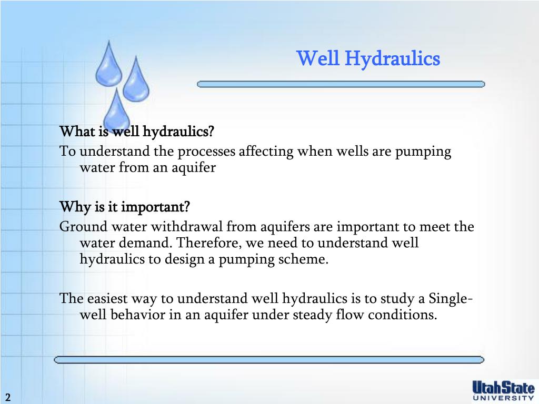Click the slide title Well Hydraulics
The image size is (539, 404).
pyautogui.click(x=368, y=58)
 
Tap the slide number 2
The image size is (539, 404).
pyautogui.click(x=8, y=397)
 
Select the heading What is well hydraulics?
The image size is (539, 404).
pyautogui.click(x=137, y=130)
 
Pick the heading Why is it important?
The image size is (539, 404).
pyautogui.click(x=124, y=206)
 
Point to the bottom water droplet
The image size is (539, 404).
pyautogui.click(x=116, y=110)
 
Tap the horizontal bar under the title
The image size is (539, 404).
pyautogui.click(x=341, y=84)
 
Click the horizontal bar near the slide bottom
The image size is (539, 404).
pyautogui.click(x=269, y=360)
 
